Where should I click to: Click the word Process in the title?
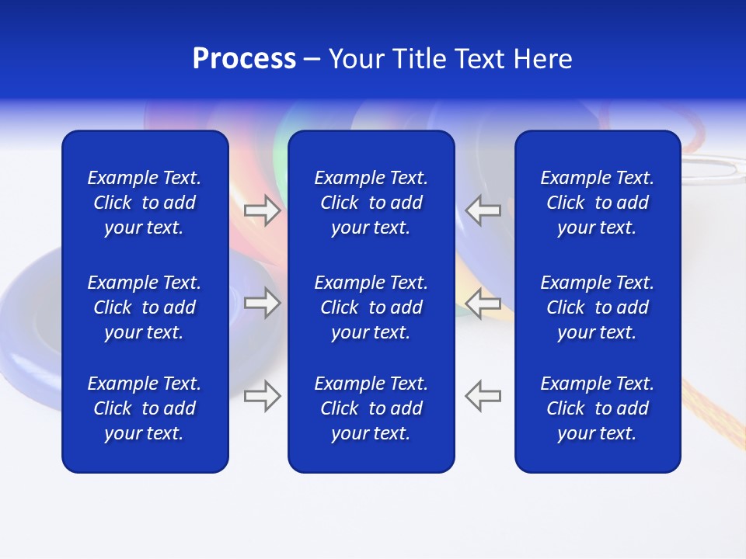point(244,59)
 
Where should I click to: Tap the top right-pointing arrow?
point(263,210)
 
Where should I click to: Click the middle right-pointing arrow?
point(263,302)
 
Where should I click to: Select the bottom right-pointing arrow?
point(263,395)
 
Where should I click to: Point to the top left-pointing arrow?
point(483,210)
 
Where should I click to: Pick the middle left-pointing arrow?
point(483,302)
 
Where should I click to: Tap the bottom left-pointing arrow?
point(483,395)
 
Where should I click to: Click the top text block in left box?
point(145,203)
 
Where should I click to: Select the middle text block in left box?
point(145,307)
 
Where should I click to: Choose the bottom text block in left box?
point(145,408)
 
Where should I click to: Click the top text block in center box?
point(371,203)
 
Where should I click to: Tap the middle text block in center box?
point(371,307)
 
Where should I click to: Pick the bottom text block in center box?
point(371,408)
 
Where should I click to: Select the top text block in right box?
point(597,203)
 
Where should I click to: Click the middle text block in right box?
point(597,307)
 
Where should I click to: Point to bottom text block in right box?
point(597,408)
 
